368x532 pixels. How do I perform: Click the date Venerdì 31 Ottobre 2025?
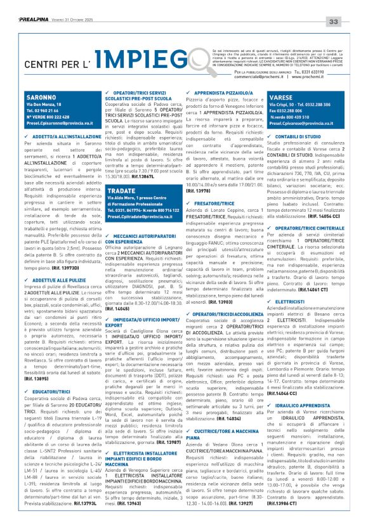pos(68,22)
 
